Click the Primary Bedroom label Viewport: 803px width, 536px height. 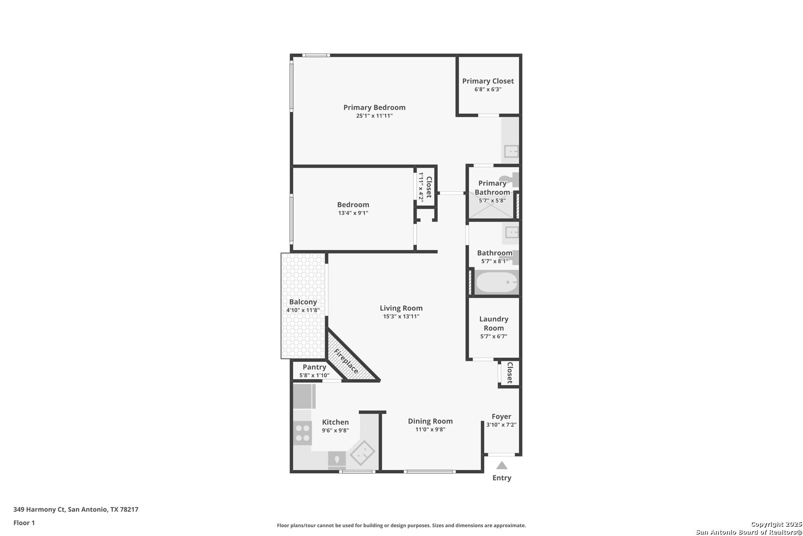click(x=374, y=107)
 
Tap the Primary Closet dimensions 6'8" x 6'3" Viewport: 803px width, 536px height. click(x=488, y=90)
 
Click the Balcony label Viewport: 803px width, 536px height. click(x=303, y=302)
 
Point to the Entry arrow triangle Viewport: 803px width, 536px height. click(x=502, y=466)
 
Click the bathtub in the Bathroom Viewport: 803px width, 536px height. click(x=496, y=283)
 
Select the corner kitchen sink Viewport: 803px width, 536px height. click(x=362, y=452)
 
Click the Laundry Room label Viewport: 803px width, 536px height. click(x=494, y=323)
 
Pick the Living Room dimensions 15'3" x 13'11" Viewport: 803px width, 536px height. click(x=401, y=317)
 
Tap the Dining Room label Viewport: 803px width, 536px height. click(x=430, y=421)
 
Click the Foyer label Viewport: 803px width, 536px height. click(x=501, y=416)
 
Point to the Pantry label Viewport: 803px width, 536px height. click(x=314, y=367)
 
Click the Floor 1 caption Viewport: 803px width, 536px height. click(x=24, y=523)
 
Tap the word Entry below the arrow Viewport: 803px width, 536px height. click(x=502, y=478)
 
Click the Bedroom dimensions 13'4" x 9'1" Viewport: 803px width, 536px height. click(x=353, y=213)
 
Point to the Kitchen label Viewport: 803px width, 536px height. click(x=335, y=422)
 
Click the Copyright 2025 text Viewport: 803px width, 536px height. click(x=776, y=524)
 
